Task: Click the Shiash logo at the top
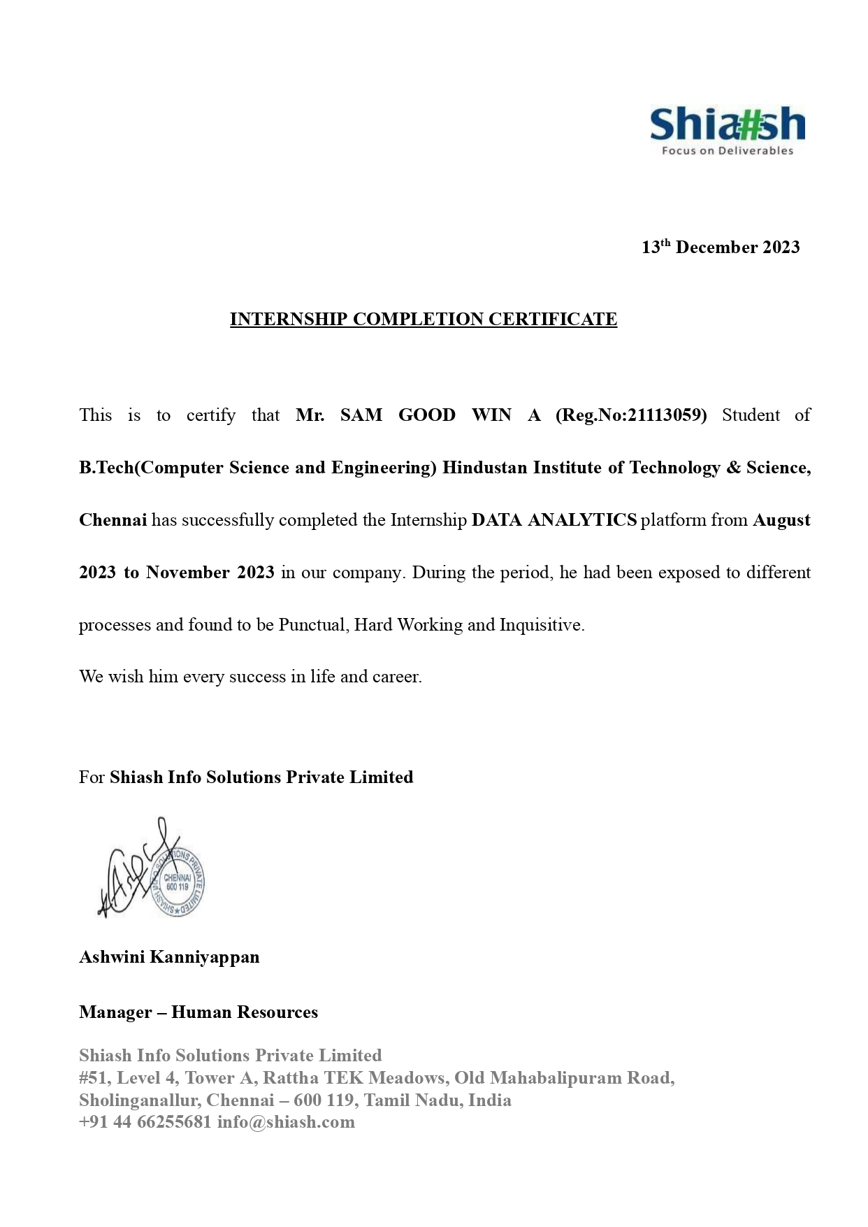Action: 727,126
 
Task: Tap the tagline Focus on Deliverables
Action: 728,151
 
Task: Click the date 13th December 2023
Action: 721,247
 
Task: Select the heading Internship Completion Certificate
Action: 424,320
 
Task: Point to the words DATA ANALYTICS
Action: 554,520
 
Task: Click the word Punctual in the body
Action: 312,625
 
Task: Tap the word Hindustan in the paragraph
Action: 484,468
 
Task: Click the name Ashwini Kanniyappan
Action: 169,957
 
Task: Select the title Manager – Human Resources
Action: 198,1012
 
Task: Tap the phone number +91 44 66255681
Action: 145,1122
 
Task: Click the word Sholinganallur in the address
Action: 138,1100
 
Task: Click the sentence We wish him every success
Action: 250,677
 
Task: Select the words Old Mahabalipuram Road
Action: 564,1078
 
